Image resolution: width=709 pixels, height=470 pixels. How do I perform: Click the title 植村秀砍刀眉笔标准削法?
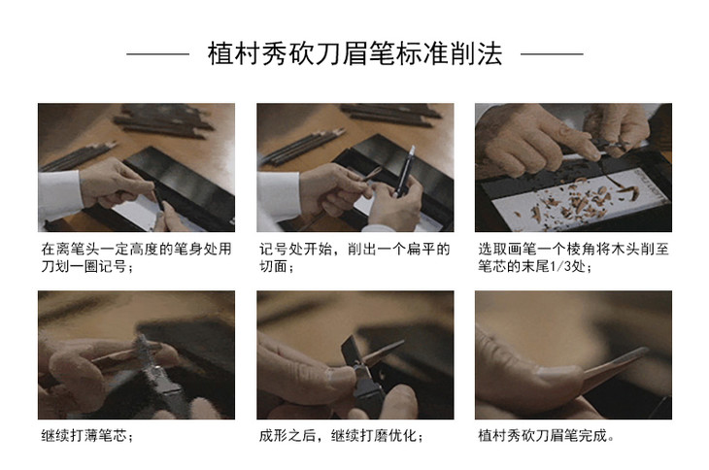point(354,53)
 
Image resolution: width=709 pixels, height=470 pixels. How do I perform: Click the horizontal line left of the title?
point(157,54)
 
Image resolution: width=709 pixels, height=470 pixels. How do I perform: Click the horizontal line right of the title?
point(552,54)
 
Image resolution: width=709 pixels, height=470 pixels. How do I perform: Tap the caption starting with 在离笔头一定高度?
point(136,257)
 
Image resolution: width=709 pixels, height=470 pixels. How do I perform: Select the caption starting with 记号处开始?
point(354,257)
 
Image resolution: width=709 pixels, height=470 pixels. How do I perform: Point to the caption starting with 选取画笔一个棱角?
point(573,257)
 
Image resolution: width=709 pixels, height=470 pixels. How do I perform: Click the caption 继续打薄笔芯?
point(86,436)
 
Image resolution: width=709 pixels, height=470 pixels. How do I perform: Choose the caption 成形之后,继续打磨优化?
point(341,436)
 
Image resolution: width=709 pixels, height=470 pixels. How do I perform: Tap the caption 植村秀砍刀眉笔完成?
point(546,436)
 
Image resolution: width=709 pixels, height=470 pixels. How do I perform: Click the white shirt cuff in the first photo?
point(59,195)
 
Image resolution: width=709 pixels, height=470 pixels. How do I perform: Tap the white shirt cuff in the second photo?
point(278,197)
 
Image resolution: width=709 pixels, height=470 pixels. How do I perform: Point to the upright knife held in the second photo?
point(404,171)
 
